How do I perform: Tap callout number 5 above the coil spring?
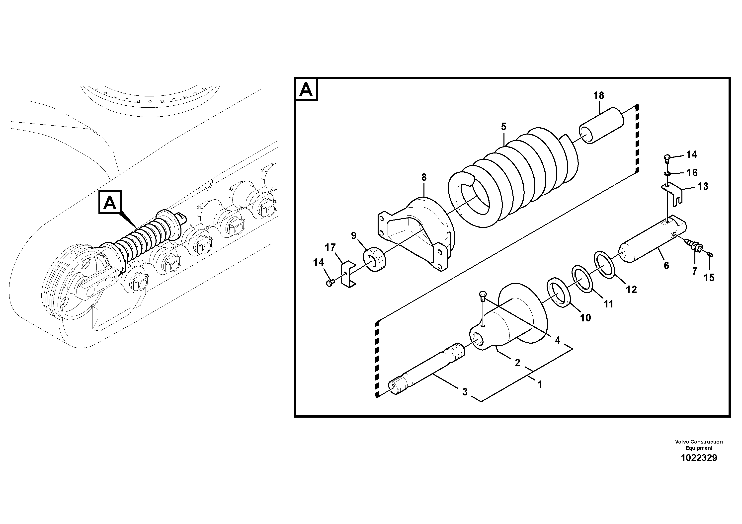pyautogui.click(x=503, y=126)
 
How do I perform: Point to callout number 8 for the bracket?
pyautogui.click(x=424, y=177)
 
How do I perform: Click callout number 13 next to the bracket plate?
pyautogui.click(x=703, y=186)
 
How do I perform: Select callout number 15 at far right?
pyautogui.click(x=709, y=277)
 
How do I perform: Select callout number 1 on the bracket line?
pyautogui.click(x=539, y=384)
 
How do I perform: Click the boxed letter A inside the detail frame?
pyautogui.click(x=306, y=89)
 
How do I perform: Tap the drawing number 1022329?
pyautogui.click(x=699, y=458)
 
